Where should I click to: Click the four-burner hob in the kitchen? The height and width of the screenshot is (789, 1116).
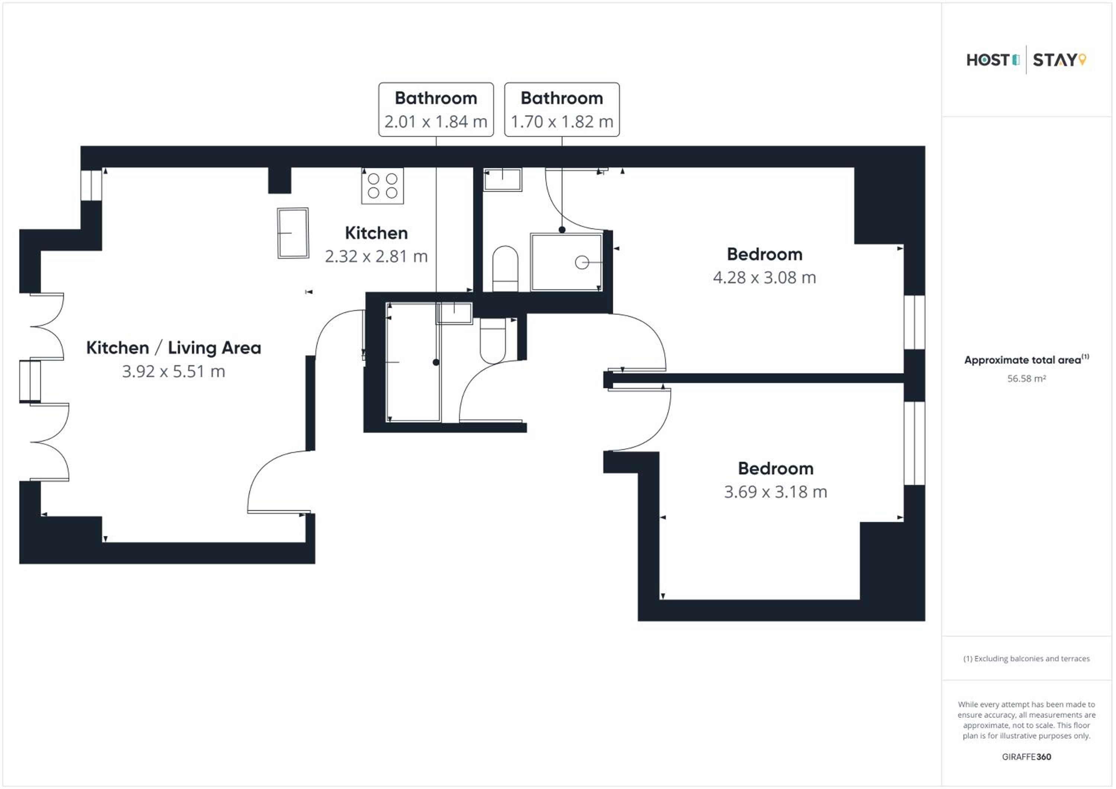(x=382, y=186)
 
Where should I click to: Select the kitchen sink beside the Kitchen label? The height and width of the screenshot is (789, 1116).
(x=293, y=233)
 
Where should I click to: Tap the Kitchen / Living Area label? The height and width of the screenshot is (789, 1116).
(x=173, y=348)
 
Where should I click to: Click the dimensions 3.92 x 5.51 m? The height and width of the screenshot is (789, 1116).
(x=173, y=372)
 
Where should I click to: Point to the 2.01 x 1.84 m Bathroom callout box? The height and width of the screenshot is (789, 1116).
(x=436, y=109)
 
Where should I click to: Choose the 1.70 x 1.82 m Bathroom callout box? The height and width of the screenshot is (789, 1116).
(x=562, y=109)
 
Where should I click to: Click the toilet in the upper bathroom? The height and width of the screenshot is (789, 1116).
(x=505, y=269)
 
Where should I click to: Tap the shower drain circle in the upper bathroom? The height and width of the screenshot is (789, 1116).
(x=582, y=263)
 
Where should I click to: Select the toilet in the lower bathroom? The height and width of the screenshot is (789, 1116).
(x=493, y=341)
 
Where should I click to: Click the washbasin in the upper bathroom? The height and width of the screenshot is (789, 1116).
(x=503, y=179)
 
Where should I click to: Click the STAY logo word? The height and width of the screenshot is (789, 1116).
(x=1054, y=60)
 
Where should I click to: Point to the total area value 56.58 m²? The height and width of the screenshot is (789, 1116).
(x=1027, y=379)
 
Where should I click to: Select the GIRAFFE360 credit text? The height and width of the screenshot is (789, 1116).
(x=1027, y=757)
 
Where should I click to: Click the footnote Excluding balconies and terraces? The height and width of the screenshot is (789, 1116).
(x=1027, y=658)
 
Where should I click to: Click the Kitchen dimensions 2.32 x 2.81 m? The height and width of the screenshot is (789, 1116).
(x=376, y=256)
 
